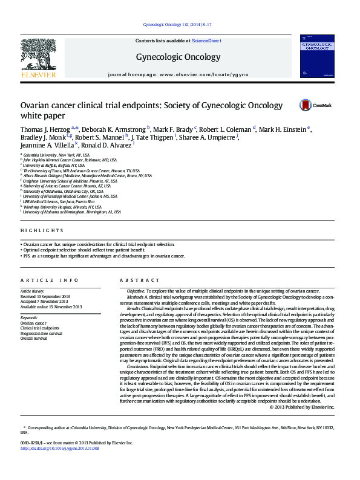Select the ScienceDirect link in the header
pyautogui.click(x=206, y=40)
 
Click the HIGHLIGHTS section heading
pyautogui.click(x=41, y=230)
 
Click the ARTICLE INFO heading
pyautogui.click(x=49, y=280)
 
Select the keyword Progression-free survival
pyautogui.click(x=41, y=333)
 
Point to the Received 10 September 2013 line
pyautogui.click(x=45, y=297)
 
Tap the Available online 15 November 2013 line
pyautogui.click(x=51, y=307)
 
